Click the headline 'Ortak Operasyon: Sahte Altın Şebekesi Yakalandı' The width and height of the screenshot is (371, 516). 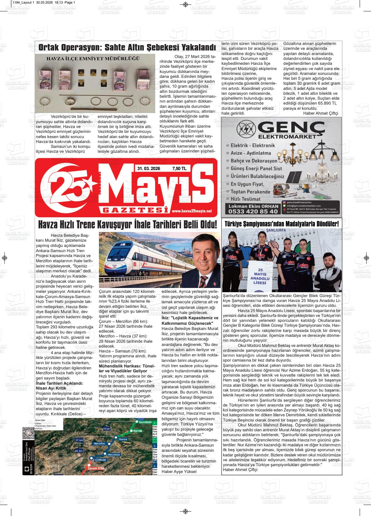click(127, 48)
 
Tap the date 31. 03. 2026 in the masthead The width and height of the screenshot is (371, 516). click(148, 168)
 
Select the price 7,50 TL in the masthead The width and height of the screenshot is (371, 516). click(179, 168)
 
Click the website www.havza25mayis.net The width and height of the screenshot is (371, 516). click(191, 211)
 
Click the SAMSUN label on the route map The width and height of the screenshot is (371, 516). click(143, 422)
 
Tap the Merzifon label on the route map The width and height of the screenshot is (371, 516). click(99, 444)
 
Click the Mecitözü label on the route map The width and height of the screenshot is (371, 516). click(114, 454)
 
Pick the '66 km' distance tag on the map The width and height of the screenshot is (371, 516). click(79, 451)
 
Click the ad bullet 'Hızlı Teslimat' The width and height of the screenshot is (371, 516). click(245, 199)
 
